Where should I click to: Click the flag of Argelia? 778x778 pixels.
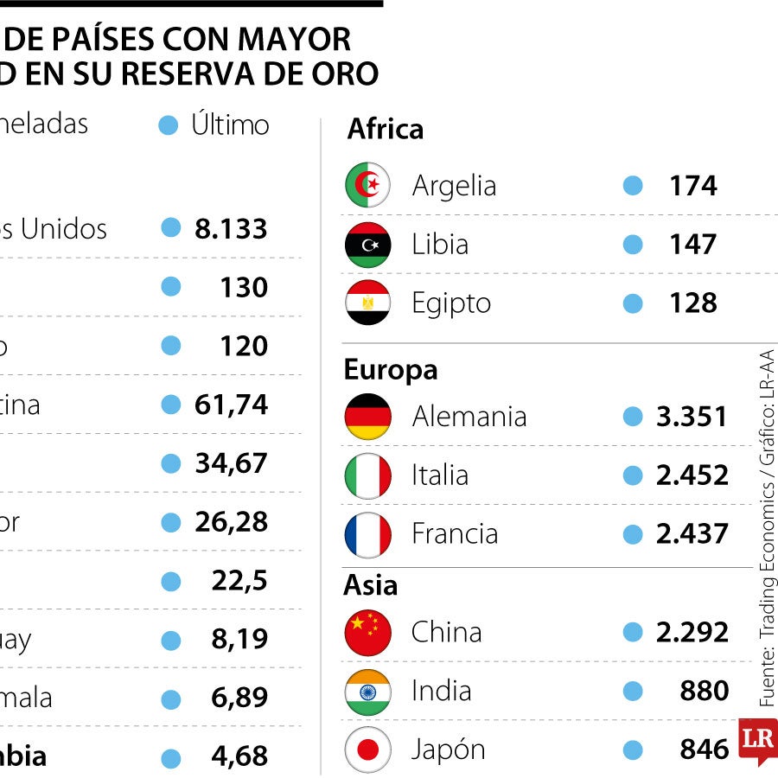pyautogui.click(x=367, y=185)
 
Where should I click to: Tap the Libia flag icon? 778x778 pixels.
pyautogui.click(x=367, y=244)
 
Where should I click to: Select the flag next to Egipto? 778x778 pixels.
pyautogui.click(x=367, y=303)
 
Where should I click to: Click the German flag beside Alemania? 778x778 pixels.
pyautogui.click(x=367, y=416)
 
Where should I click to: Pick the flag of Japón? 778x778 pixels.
pyautogui.click(x=367, y=749)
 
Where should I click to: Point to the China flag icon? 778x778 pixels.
pyautogui.click(x=367, y=632)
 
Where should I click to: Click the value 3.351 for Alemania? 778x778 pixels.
pyautogui.click(x=691, y=416)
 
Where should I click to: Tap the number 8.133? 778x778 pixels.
pyautogui.click(x=231, y=229)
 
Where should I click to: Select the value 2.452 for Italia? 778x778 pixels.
pyautogui.click(x=692, y=475)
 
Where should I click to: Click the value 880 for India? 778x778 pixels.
pyautogui.click(x=704, y=691)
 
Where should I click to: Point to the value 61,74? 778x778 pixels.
pyautogui.click(x=231, y=405)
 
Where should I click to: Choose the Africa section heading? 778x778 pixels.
pyautogui.click(x=386, y=130)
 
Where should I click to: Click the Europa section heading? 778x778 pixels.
pyautogui.click(x=391, y=370)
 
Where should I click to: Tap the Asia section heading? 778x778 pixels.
pyautogui.click(x=371, y=585)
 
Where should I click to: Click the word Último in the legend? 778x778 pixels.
pyautogui.click(x=230, y=124)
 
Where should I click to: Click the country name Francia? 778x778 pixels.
pyautogui.click(x=455, y=533)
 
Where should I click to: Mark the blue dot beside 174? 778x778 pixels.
pyautogui.click(x=633, y=185)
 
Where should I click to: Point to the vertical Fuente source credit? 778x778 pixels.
pyautogui.click(x=766, y=527)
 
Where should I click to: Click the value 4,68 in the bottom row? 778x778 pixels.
pyautogui.click(x=239, y=756)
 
